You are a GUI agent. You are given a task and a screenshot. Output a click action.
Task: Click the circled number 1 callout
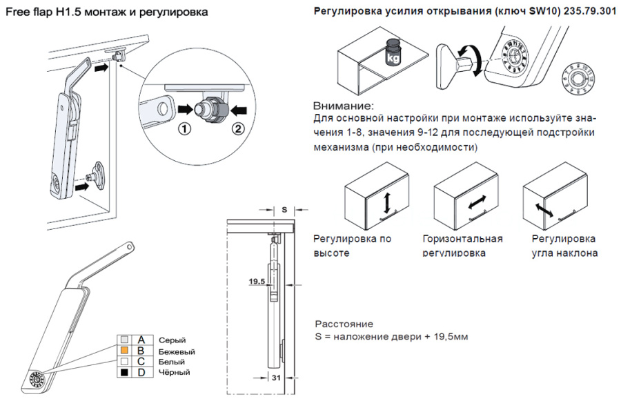point(184,130)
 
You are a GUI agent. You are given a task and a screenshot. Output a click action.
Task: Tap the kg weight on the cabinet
point(394,52)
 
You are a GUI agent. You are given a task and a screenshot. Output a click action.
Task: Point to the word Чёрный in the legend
point(174,372)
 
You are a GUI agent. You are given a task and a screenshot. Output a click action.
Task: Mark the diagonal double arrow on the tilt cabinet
point(543,206)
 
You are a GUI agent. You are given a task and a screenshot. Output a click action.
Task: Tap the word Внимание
point(343,106)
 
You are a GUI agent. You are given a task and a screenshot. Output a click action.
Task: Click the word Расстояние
point(344,323)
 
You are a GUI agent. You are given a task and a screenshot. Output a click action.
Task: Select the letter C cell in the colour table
point(141,361)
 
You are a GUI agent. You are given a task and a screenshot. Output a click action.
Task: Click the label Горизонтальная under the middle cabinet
point(462,239)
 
